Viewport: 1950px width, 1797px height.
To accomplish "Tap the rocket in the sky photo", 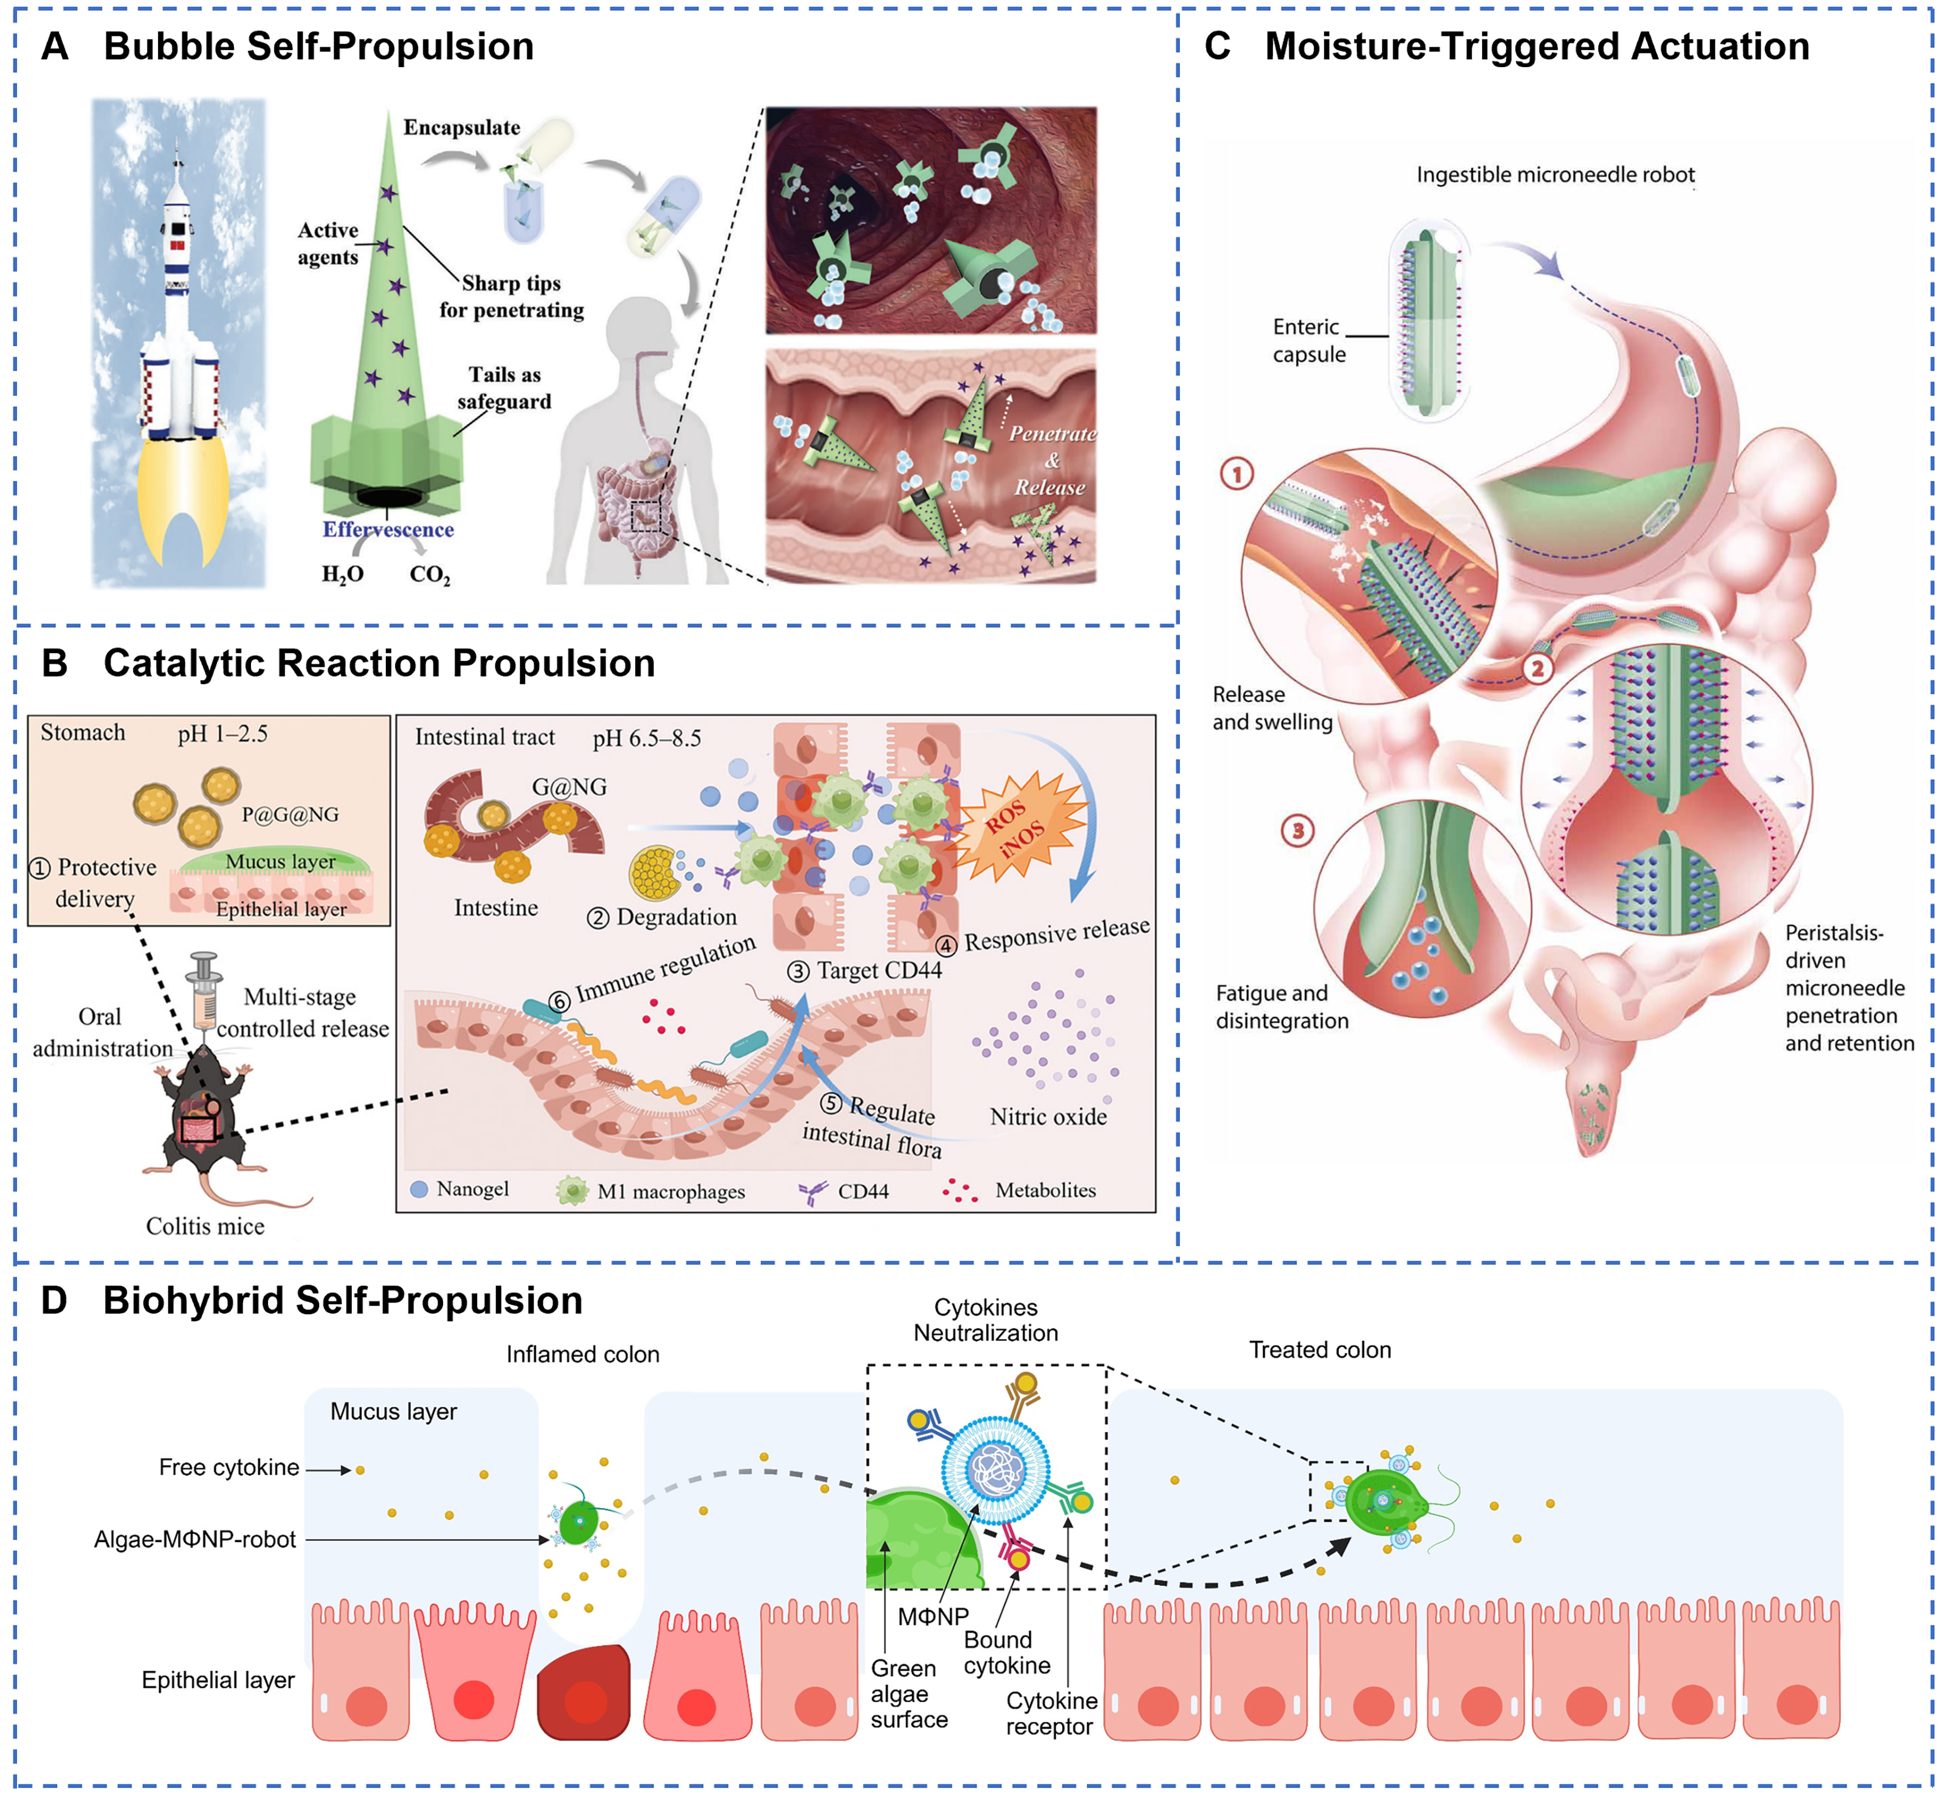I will (177, 321).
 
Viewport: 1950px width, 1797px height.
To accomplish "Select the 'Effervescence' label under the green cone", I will (388, 530).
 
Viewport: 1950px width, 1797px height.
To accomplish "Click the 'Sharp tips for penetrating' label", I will (511, 297).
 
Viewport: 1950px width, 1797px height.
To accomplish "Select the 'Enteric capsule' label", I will (1308, 340).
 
